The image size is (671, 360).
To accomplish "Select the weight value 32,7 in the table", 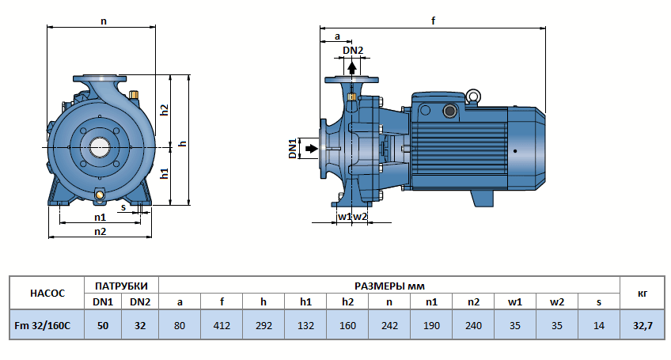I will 642,325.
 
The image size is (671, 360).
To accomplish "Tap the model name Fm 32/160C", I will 47,325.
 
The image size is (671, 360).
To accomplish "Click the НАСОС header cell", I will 47,293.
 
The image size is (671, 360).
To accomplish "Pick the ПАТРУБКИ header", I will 121,285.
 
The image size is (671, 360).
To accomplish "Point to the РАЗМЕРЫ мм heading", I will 389,285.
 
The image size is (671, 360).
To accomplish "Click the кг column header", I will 642,293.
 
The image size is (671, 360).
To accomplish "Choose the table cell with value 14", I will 599,325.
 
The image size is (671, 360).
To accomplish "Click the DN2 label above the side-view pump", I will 353,51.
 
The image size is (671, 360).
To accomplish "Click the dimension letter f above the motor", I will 433,21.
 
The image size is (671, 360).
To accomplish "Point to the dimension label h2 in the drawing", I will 165,110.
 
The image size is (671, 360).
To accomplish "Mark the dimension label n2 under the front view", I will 100,231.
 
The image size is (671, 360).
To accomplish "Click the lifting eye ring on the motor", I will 472,97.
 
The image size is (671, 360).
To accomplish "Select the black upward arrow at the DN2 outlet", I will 352,67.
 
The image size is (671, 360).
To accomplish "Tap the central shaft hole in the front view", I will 100,147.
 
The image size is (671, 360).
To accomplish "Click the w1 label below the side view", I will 344,216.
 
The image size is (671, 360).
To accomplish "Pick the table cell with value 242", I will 389,325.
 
